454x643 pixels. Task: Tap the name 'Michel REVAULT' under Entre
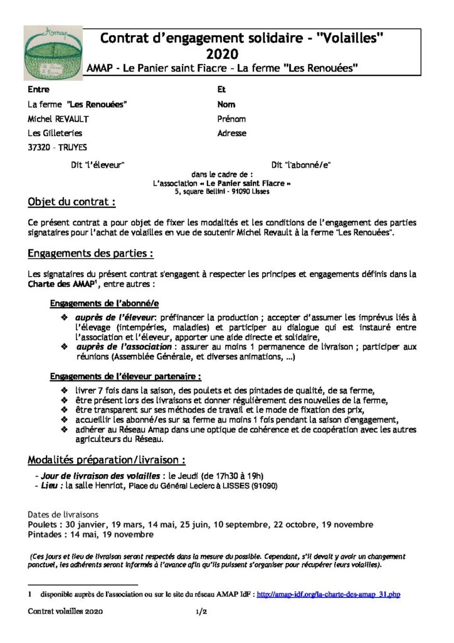tap(59, 118)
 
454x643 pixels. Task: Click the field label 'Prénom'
tap(231, 118)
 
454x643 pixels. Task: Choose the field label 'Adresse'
tap(231, 132)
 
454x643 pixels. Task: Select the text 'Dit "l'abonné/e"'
tap(300, 165)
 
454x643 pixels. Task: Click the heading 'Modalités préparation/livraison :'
tap(107, 460)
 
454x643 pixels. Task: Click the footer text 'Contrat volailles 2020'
tap(65, 610)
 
